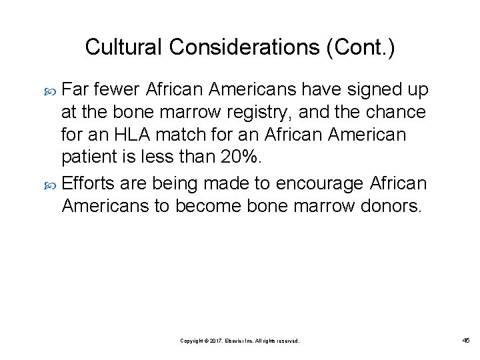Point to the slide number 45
(466, 340)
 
